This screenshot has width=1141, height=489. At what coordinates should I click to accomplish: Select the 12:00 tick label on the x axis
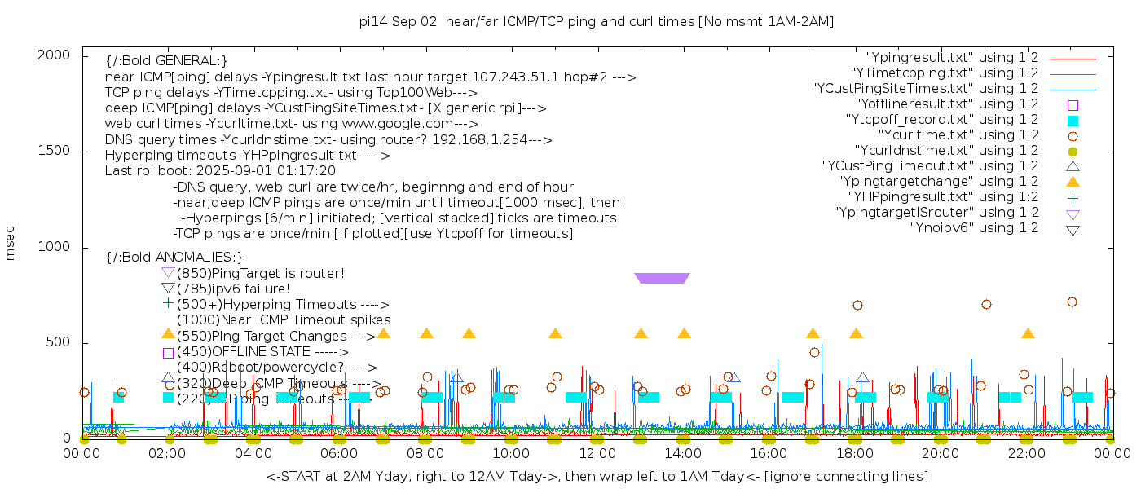(597, 455)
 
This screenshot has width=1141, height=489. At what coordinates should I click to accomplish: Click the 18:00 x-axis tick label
(855, 455)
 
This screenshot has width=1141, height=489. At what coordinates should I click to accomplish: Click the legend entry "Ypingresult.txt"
(952, 58)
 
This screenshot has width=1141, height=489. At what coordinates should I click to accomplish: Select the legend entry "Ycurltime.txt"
(958, 135)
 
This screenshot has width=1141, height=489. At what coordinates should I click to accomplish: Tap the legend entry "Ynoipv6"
(974, 228)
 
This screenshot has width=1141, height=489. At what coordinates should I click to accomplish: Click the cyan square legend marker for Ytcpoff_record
(1073, 121)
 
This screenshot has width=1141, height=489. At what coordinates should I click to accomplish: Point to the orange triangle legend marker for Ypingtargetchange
(1073, 182)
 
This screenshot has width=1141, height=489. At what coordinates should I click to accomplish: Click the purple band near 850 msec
(662, 278)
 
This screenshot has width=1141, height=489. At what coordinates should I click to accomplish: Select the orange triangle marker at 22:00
(1028, 334)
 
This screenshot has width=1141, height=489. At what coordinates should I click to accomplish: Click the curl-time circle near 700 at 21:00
(986, 305)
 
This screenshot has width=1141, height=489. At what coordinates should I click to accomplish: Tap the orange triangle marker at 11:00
(555, 334)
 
